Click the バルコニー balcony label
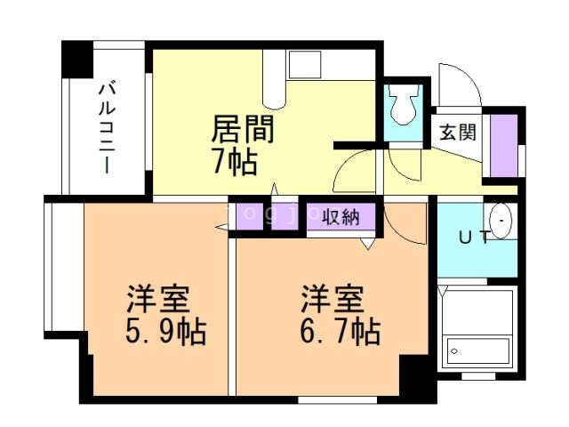pyautogui.click(x=106, y=125)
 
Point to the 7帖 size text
pyautogui.click(x=234, y=162)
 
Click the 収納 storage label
pyautogui.click(x=341, y=216)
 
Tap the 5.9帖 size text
pyautogui.click(x=165, y=332)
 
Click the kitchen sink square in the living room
pyautogui.click(x=303, y=65)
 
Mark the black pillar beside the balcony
pyautogui.click(x=77, y=58)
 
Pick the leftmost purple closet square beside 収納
pyautogui.click(x=248, y=216)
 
